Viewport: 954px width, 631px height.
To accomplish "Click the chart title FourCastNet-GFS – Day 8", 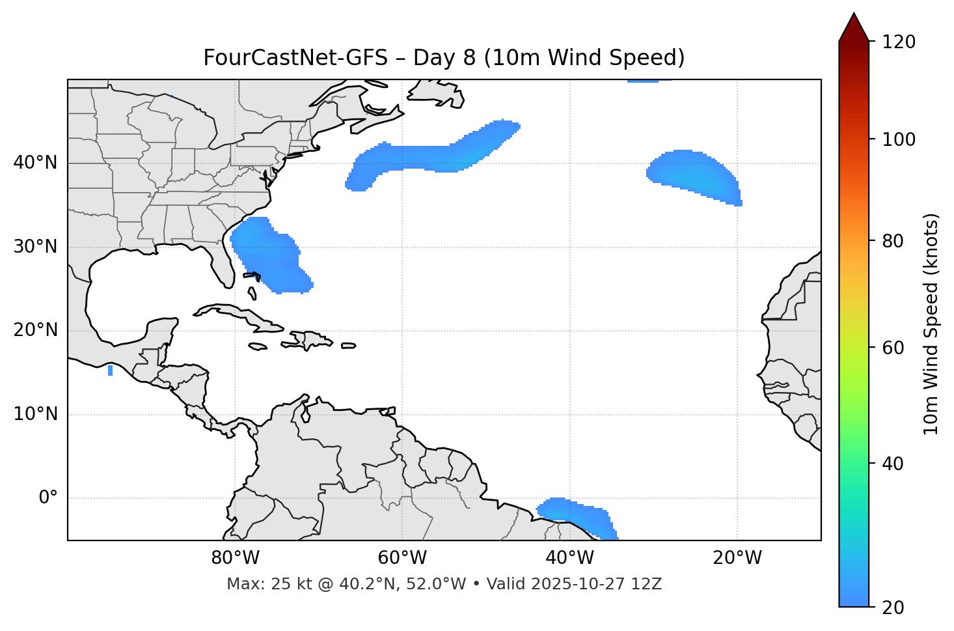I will coord(444,58).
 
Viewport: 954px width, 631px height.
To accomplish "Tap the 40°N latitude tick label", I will coord(35,163).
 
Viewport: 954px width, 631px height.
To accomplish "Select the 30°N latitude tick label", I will coord(35,247).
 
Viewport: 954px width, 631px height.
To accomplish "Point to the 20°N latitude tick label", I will coord(35,330).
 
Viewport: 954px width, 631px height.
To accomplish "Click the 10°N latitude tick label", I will coord(35,414).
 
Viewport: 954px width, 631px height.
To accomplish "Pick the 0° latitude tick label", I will coord(48,498).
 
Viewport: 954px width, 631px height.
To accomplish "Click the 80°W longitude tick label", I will coord(235,558).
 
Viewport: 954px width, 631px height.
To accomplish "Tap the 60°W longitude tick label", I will coord(402,558).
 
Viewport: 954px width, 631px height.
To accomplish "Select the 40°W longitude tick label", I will coord(570,558).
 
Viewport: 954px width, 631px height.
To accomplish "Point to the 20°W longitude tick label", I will coord(737,558).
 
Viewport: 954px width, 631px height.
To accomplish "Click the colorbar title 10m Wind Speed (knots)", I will coord(931,324).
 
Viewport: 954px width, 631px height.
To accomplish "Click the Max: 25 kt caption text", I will coord(444,584).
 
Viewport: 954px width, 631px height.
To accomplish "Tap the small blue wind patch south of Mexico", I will coord(110,371).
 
